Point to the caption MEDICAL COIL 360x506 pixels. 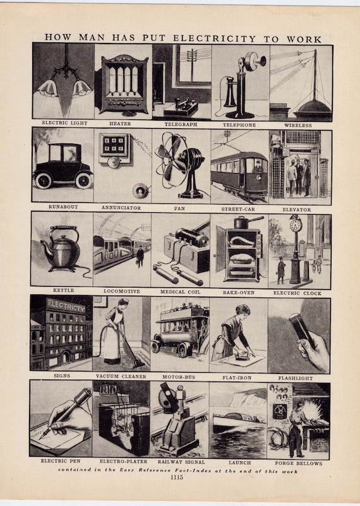tap(181, 292)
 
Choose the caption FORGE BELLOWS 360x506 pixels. tap(299, 463)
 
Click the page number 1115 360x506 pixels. tap(181, 478)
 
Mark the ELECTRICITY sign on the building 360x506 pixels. tap(66, 308)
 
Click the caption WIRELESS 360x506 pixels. tap(299, 124)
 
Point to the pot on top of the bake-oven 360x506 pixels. tap(240, 222)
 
